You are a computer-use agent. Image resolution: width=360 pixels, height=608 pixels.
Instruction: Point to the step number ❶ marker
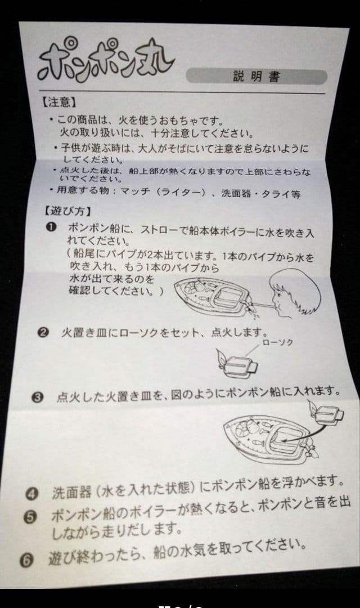51,227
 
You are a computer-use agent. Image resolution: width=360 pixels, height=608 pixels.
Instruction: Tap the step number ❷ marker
44,332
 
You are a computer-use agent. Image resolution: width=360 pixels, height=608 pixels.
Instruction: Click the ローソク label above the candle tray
277,343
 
